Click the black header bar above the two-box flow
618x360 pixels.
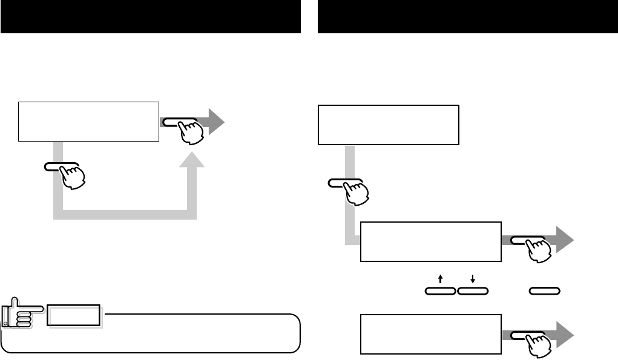pyautogui.click(x=151, y=17)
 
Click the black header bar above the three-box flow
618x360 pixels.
pyautogui.click(x=467, y=17)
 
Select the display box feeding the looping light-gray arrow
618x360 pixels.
pyautogui.click(x=88, y=122)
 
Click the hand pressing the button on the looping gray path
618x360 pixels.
pyautogui.click(x=72, y=175)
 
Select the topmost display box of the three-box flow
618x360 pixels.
pyautogui.click(x=389, y=125)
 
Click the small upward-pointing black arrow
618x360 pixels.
pyautogui.click(x=440, y=279)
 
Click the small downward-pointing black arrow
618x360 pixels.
pyautogui.click(x=473, y=279)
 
